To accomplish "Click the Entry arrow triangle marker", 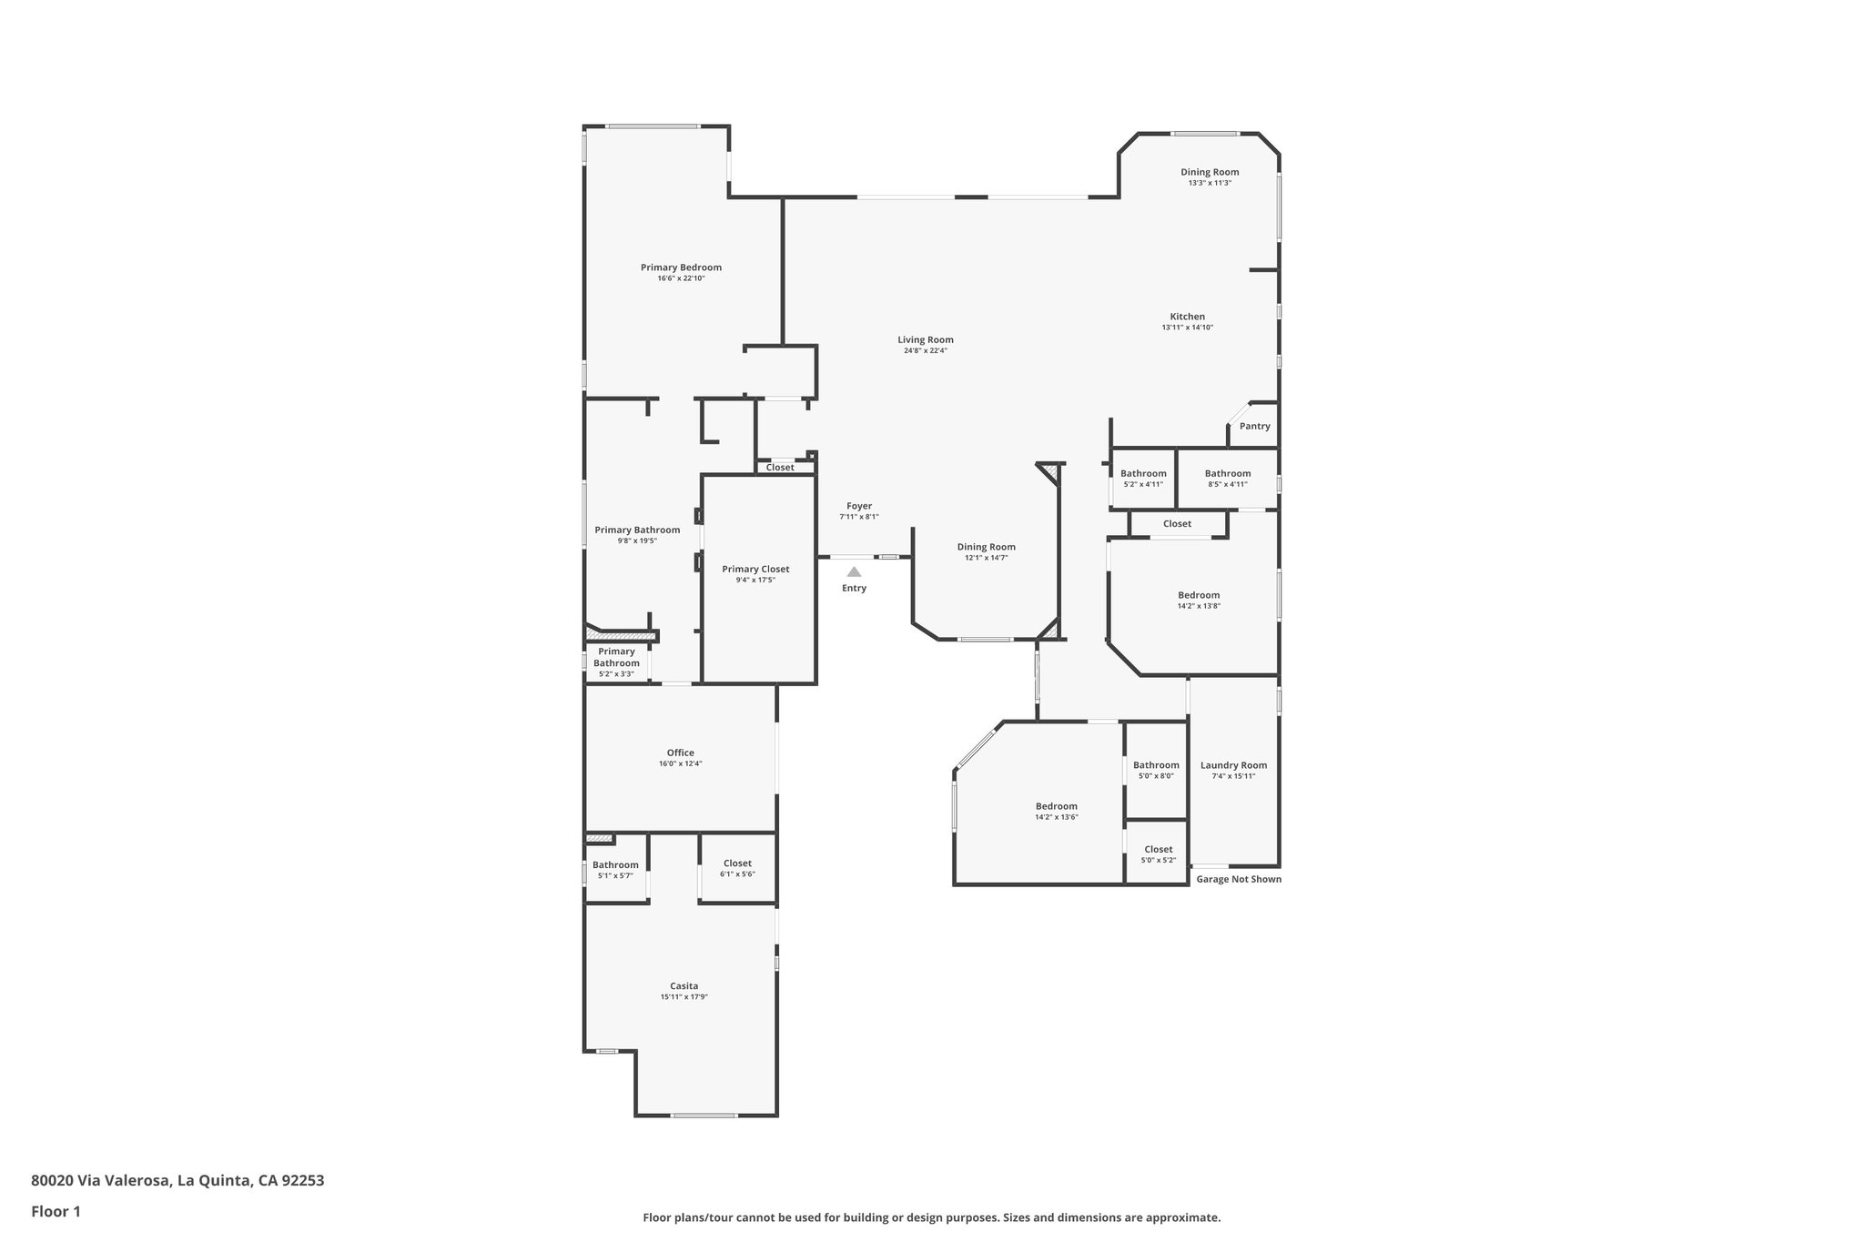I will point(854,572).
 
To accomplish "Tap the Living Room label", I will point(925,340).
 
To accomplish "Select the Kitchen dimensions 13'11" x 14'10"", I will point(1187,328).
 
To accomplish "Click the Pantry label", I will point(1254,427).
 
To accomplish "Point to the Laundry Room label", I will point(1233,765).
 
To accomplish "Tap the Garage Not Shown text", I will point(1238,880).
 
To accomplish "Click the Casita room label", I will point(684,986).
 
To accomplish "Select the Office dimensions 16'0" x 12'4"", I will point(680,764).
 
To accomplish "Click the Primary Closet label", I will point(755,570).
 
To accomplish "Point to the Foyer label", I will point(858,507).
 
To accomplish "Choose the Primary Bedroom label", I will point(681,268).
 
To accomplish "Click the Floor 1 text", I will point(56,1211).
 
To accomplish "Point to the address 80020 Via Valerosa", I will point(177,1181).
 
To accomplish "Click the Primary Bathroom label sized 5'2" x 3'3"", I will point(616,657).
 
